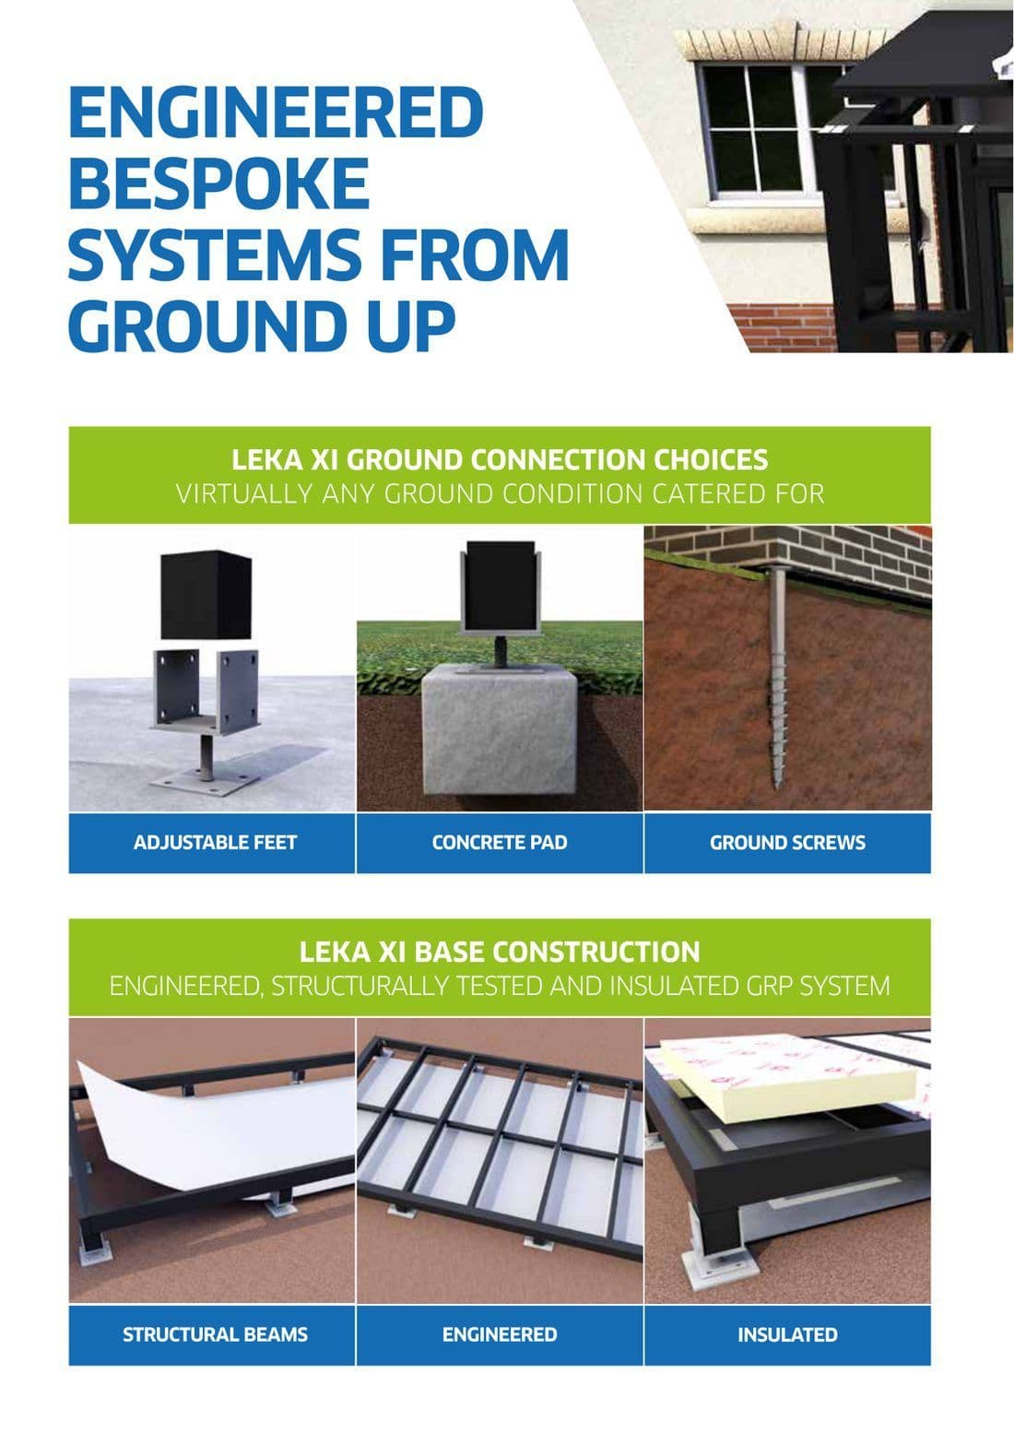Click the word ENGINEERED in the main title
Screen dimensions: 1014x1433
tap(276, 113)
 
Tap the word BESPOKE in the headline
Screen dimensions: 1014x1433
tap(218, 183)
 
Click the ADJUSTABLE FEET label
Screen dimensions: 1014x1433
tap(215, 843)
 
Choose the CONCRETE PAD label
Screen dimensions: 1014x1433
tap(500, 843)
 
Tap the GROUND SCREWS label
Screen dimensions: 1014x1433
tap(787, 843)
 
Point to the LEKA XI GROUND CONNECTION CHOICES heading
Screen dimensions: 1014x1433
tap(500, 460)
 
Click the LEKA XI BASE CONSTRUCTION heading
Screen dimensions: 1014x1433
tap(500, 952)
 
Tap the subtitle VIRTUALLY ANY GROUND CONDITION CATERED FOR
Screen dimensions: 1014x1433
tap(500, 494)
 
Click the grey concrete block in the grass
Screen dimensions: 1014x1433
tap(500, 729)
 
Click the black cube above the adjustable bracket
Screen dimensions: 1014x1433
tap(206, 594)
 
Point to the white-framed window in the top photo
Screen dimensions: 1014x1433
tap(760, 128)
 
